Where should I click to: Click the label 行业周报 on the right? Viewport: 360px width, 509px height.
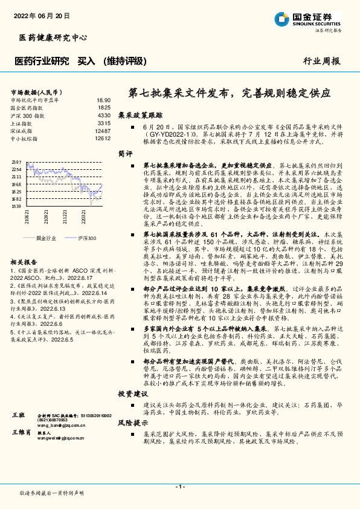[321, 60]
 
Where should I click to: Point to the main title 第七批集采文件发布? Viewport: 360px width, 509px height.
[230, 94]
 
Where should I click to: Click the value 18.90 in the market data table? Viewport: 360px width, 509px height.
[103, 100]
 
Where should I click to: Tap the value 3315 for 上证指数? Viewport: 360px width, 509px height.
[103, 123]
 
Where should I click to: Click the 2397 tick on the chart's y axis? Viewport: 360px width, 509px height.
[16, 162]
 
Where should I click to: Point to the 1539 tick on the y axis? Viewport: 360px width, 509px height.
[16, 206]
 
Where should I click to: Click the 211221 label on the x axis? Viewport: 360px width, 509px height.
[63, 216]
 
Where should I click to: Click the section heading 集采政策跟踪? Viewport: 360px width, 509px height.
[140, 114]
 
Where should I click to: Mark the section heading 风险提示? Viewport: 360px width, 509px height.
[132, 422]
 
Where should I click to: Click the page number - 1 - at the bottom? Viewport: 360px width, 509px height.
[179, 487]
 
